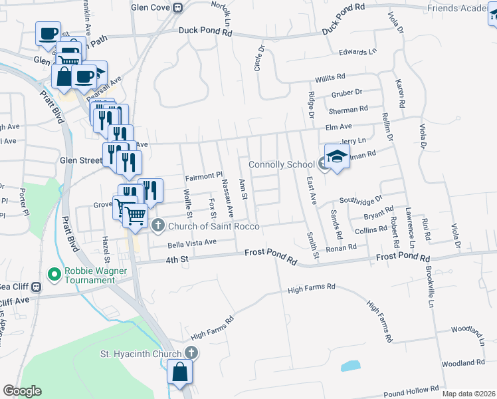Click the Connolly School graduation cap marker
coord(337,157)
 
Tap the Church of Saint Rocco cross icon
coord(157,226)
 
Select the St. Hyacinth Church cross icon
coord(191,353)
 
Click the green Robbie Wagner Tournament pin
coord(54,273)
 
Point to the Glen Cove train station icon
coord(177,8)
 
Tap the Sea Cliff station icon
coord(37,287)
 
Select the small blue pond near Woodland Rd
coord(350,366)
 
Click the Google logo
coord(22,391)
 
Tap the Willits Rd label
coord(330,78)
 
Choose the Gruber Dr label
coord(346,93)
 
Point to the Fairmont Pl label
coord(203,177)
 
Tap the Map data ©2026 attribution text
coord(468,394)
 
